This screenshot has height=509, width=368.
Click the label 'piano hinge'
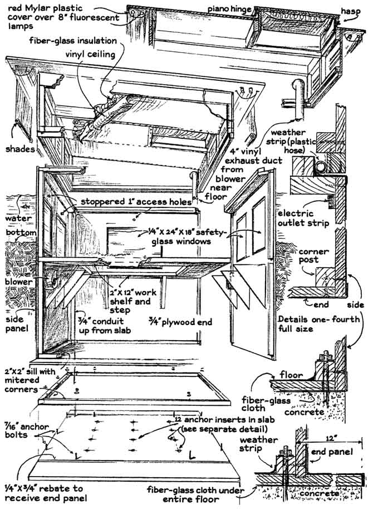229,9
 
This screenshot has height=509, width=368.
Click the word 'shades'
19,149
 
